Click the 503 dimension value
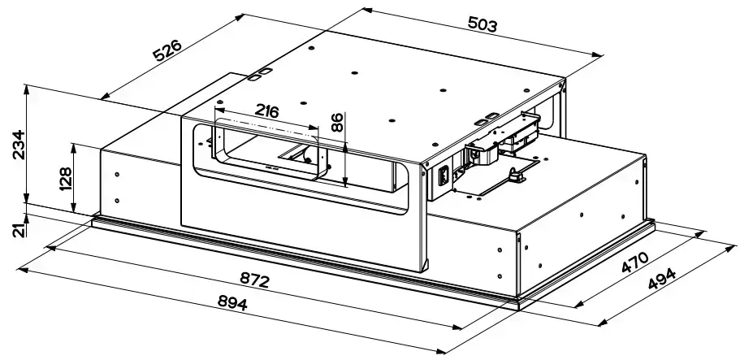(483, 24)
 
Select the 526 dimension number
(167, 51)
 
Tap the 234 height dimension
(19, 145)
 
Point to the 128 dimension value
(65, 179)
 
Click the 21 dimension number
(19, 230)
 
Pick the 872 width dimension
(254, 280)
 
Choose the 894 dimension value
(232, 302)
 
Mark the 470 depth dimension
(635, 262)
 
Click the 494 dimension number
(662, 280)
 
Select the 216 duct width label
(266, 111)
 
